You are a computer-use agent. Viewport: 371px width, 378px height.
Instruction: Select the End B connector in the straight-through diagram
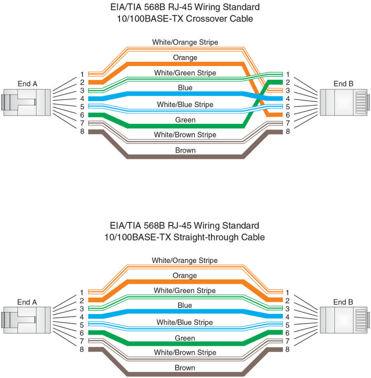344,320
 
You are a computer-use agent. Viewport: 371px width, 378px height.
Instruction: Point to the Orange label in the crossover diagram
185,58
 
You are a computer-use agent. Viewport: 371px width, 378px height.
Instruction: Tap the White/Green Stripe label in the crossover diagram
185,73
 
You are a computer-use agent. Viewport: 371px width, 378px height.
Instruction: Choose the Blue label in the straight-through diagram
185,305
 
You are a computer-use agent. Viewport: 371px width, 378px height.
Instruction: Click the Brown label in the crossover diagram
185,150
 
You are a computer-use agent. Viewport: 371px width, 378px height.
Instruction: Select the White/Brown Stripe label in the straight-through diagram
185,353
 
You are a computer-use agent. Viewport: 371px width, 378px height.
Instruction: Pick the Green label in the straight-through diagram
185,338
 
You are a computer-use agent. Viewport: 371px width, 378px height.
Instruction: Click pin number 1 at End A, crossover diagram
82,74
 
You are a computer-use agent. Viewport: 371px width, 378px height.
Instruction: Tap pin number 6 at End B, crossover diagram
288,115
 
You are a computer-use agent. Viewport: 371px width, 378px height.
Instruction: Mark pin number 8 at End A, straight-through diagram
82,349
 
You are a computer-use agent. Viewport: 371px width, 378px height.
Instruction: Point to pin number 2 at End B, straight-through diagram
288,300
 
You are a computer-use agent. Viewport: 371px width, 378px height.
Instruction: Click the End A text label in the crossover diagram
27,84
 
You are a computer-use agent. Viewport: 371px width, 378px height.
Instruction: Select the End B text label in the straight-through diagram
343,302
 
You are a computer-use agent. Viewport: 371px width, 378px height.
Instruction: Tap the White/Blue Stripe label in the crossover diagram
185,105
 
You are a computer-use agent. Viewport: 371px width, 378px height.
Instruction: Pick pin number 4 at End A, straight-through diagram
82,317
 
